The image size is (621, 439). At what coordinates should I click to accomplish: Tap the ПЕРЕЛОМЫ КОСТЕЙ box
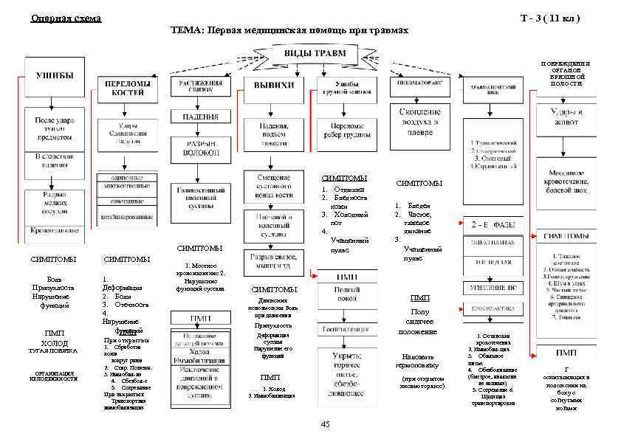(127, 89)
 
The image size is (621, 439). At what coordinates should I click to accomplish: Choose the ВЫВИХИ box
(274, 86)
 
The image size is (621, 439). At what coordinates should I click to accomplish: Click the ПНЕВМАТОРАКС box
(419, 84)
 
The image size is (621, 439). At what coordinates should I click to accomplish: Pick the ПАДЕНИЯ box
(196, 116)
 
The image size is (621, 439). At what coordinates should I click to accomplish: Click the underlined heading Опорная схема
(66, 18)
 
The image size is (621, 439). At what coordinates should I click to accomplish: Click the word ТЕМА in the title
(188, 31)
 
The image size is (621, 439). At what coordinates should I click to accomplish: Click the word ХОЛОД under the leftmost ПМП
(55, 343)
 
